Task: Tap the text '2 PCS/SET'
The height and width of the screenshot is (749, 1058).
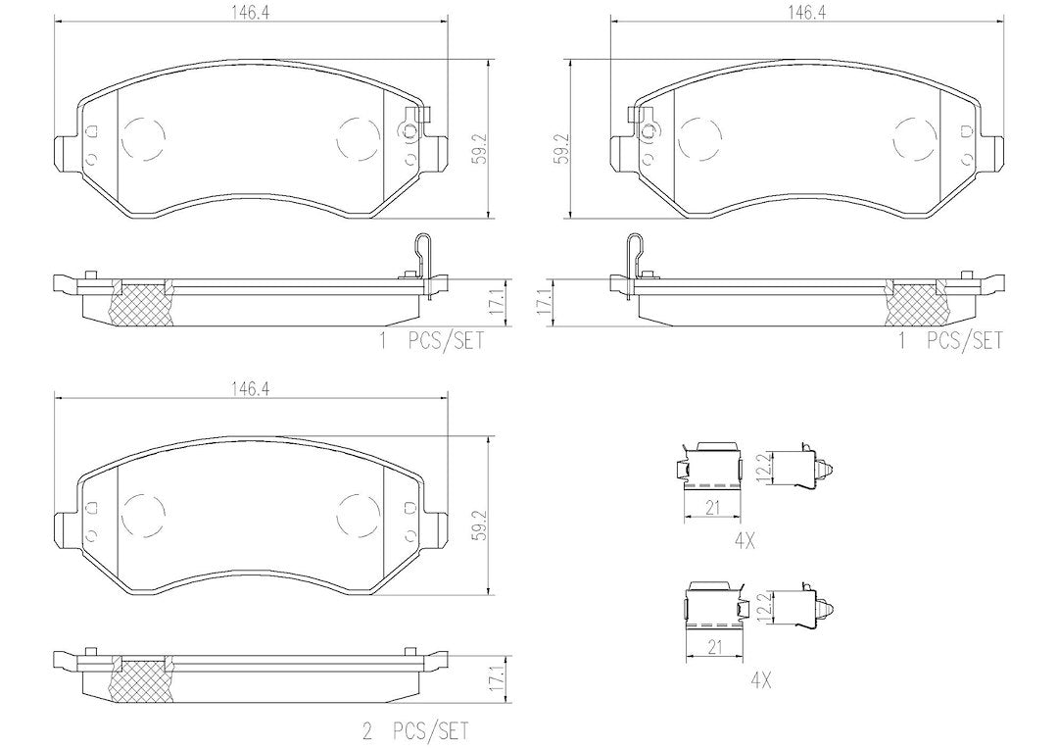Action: click(414, 731)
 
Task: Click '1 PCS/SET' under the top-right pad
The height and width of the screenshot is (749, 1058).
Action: click(950, 340)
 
